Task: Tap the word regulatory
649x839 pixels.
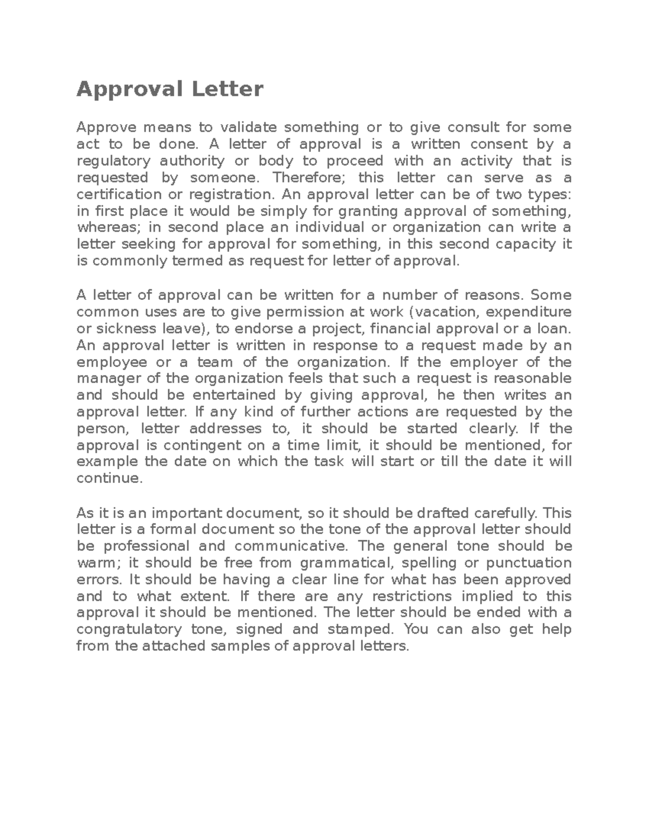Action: point(114,161)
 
